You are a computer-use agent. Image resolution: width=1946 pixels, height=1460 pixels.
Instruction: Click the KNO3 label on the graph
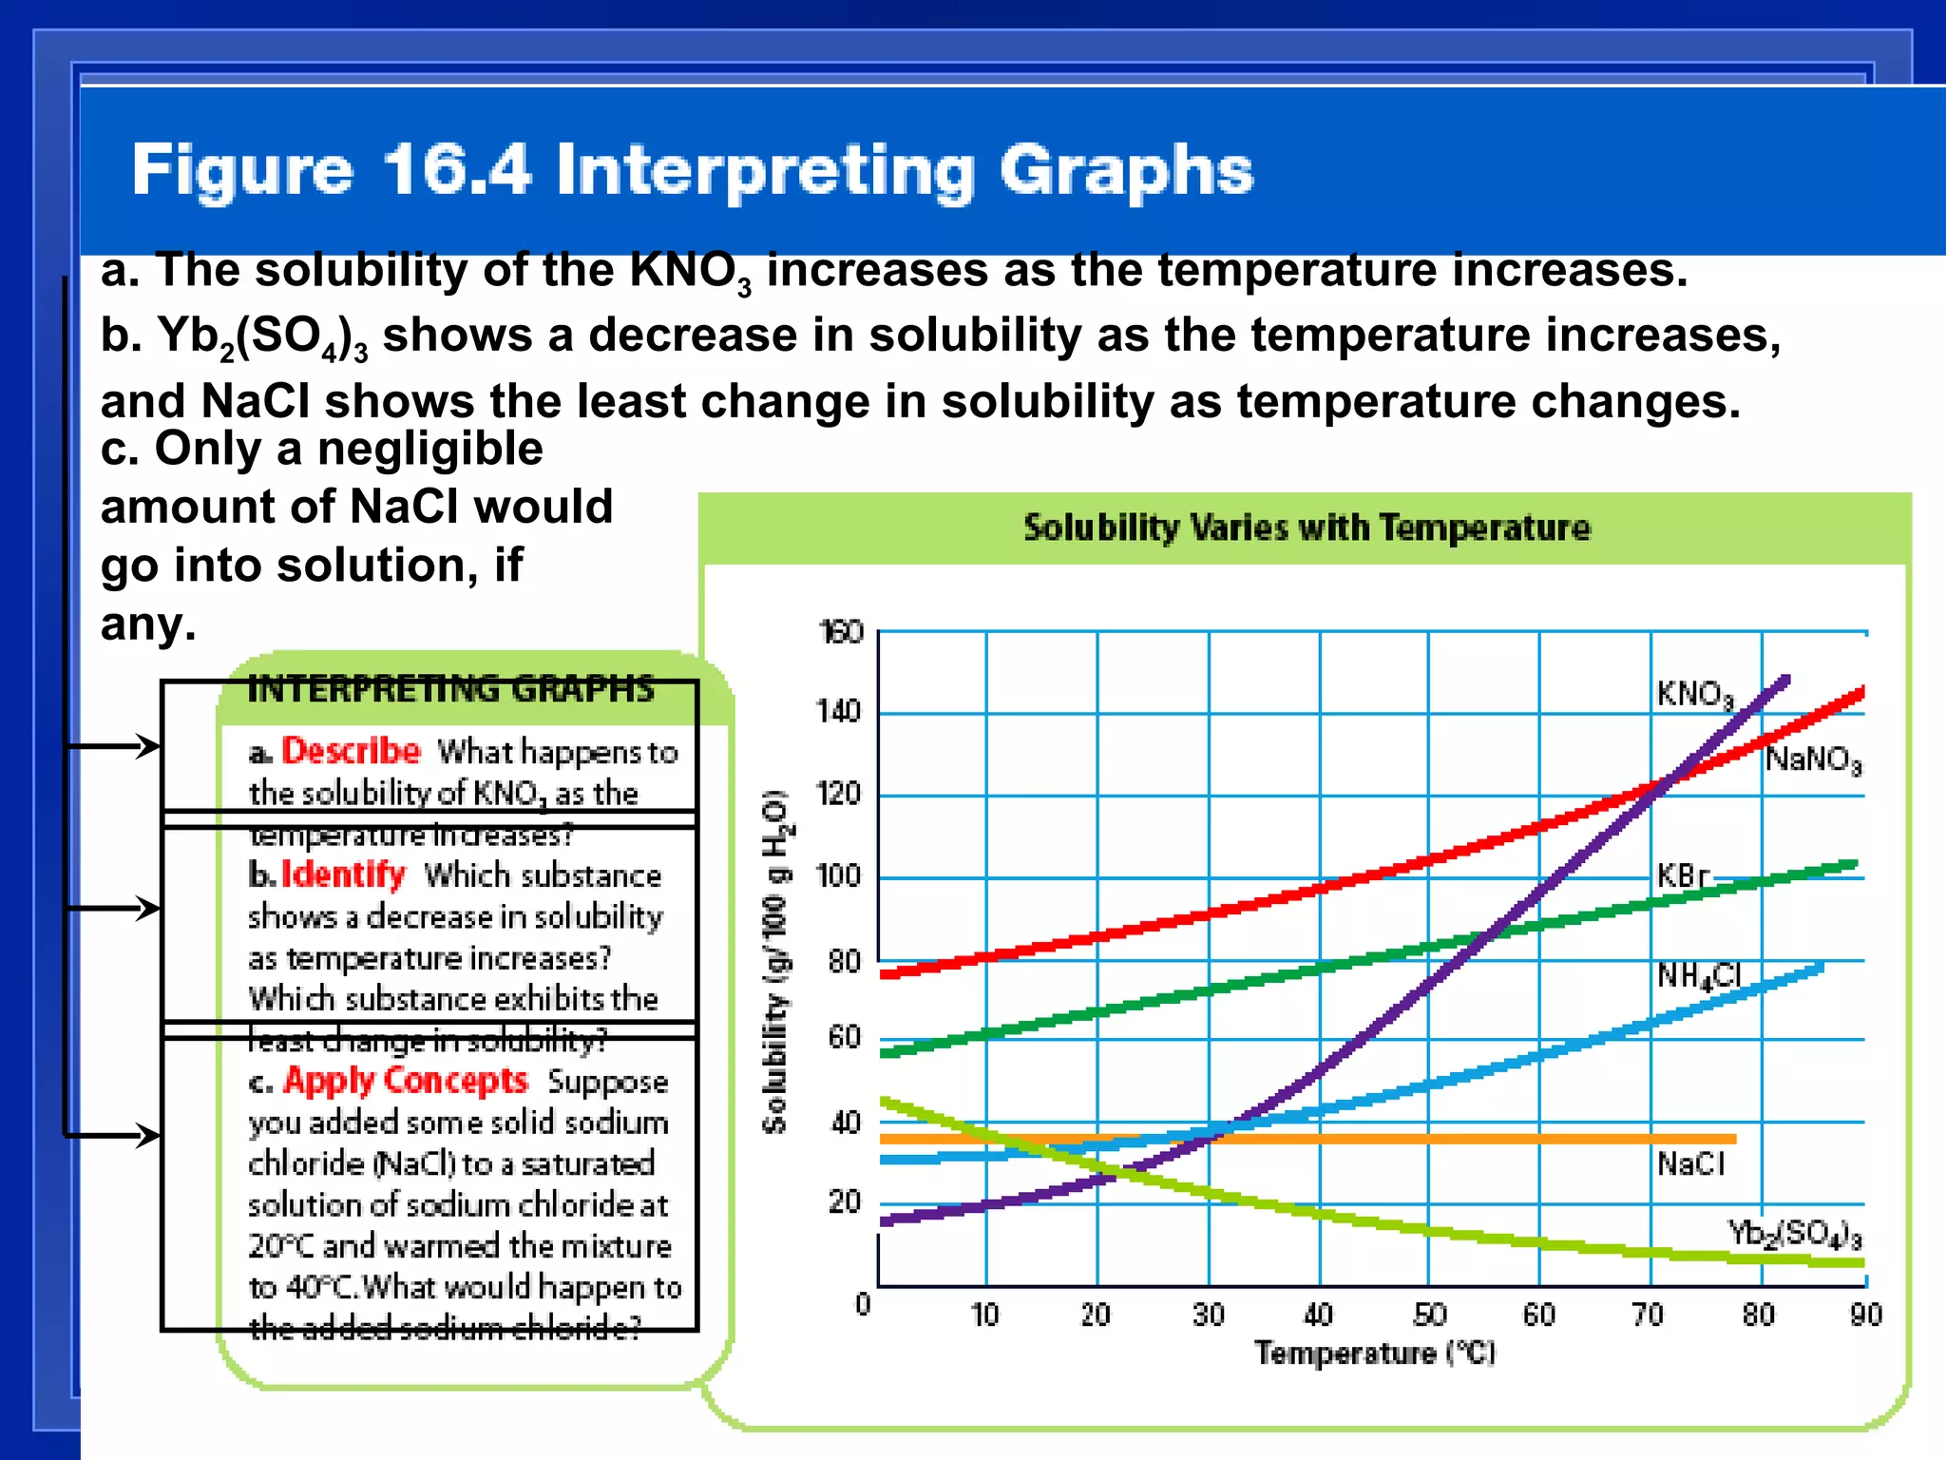[x=1694, y=695]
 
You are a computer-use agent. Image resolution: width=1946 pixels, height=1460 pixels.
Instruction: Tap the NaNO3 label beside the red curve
[x=1813, y=759]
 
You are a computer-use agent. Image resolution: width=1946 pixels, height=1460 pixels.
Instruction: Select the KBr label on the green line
[x=1682, y=875]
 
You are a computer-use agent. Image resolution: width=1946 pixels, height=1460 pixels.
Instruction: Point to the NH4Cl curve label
[x=1699, y=976]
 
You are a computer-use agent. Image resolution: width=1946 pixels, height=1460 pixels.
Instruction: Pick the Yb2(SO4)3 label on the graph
[x=1794, y=1234]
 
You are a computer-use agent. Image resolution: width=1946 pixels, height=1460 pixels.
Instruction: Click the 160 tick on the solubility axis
[x=840, y=632]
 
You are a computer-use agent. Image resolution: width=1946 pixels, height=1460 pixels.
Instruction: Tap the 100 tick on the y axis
[x=838, y=875]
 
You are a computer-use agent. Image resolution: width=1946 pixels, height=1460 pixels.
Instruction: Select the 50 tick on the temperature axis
[x=1429, y=1315]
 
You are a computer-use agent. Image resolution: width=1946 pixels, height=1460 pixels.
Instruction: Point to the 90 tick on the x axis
[x=1865, y=1315]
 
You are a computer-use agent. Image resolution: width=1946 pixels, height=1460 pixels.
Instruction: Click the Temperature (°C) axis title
[x=1374, y=1353]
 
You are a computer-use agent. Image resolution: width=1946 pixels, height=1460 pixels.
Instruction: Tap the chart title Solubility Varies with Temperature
[x=1306, y=528]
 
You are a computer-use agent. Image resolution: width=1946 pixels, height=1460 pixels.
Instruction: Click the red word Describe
[x=351, y=751]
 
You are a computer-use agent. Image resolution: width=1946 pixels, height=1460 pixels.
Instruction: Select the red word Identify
[x=343, y=874]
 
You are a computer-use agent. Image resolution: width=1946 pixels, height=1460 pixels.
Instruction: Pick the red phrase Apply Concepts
[x=405, y=1081]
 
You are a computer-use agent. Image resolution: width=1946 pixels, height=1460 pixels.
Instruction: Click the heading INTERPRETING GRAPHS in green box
[x=450, y=688]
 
